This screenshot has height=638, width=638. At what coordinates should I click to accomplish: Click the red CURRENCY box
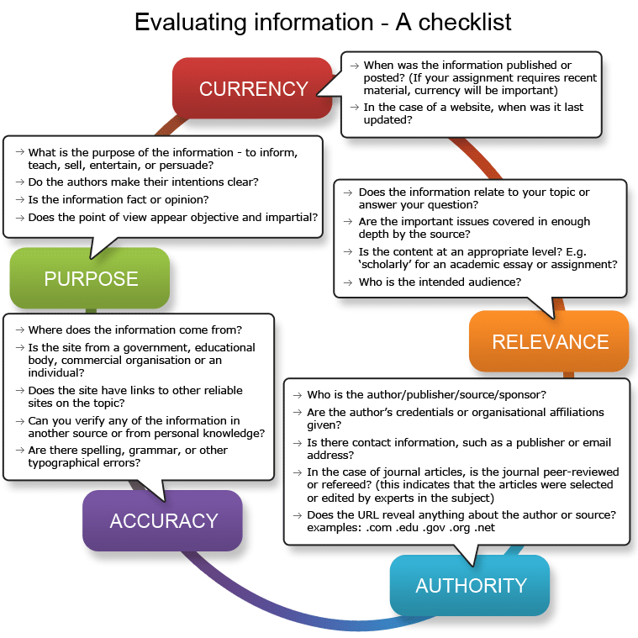253,88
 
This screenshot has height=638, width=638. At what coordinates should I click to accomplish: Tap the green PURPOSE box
90,278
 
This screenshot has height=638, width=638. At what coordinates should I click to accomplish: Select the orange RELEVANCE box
549,341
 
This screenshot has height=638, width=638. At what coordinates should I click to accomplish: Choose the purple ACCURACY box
163,521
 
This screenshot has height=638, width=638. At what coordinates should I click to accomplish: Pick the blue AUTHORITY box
470,586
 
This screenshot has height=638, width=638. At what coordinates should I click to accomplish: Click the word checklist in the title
465,22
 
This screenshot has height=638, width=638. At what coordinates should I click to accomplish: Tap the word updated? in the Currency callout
388,120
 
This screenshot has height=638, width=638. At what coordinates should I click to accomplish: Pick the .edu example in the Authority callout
408,528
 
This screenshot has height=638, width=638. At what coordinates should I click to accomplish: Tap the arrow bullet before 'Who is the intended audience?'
347,282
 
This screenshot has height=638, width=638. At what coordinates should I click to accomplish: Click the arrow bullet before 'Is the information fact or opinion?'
20,200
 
